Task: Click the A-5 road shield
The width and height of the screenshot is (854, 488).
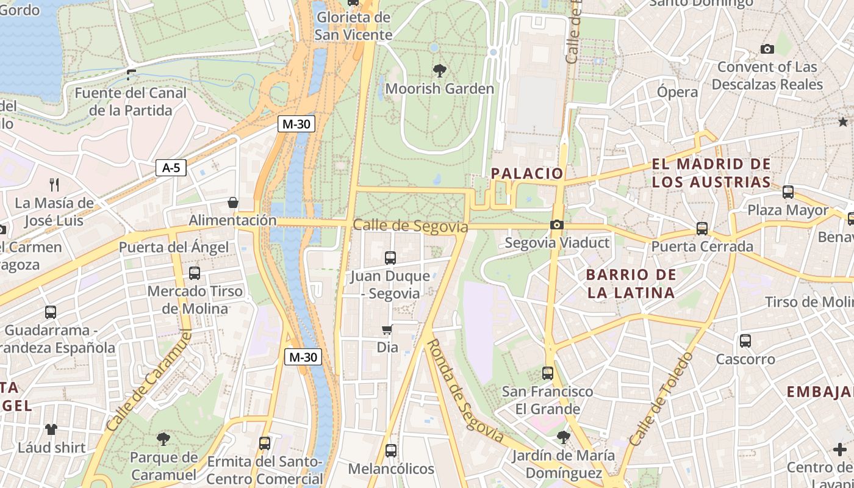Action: (x=171, y=168)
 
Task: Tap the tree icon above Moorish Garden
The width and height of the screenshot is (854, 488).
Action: (x=439, y=70)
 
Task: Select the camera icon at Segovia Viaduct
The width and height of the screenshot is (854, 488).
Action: (x=556, y=224)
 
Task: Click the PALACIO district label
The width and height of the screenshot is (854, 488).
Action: (x=528, y=173)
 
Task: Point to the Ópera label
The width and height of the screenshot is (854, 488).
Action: (x=677, y=92)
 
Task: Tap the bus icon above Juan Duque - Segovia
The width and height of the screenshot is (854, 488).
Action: (x=390, y=257)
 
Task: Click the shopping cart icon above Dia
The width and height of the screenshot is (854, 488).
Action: (x=387, y=330)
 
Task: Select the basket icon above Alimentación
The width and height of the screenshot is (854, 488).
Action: (x=232, y=203)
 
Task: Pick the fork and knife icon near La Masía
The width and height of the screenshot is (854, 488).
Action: (x=54, y=184)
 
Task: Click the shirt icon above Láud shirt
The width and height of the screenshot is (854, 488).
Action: (x=51, y=429)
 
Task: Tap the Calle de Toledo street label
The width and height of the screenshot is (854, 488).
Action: (x=661, y=399)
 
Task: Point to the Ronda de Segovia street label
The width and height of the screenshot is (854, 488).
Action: (x=465, y=391)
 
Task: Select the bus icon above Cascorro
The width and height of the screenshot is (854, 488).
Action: (x=745, y=341)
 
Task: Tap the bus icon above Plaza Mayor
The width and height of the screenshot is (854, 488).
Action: (x=788, y=192)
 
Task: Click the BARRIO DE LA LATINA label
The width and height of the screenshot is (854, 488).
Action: (x=631, y=284)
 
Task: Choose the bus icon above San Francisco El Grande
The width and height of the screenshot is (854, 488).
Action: (x=547, y=373)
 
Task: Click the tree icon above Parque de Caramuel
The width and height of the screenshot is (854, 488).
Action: (x=163, y=439)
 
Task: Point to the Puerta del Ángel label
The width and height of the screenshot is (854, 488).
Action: (x=174, y=247)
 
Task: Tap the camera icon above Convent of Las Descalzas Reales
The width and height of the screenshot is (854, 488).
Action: (x=767, y=49)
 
